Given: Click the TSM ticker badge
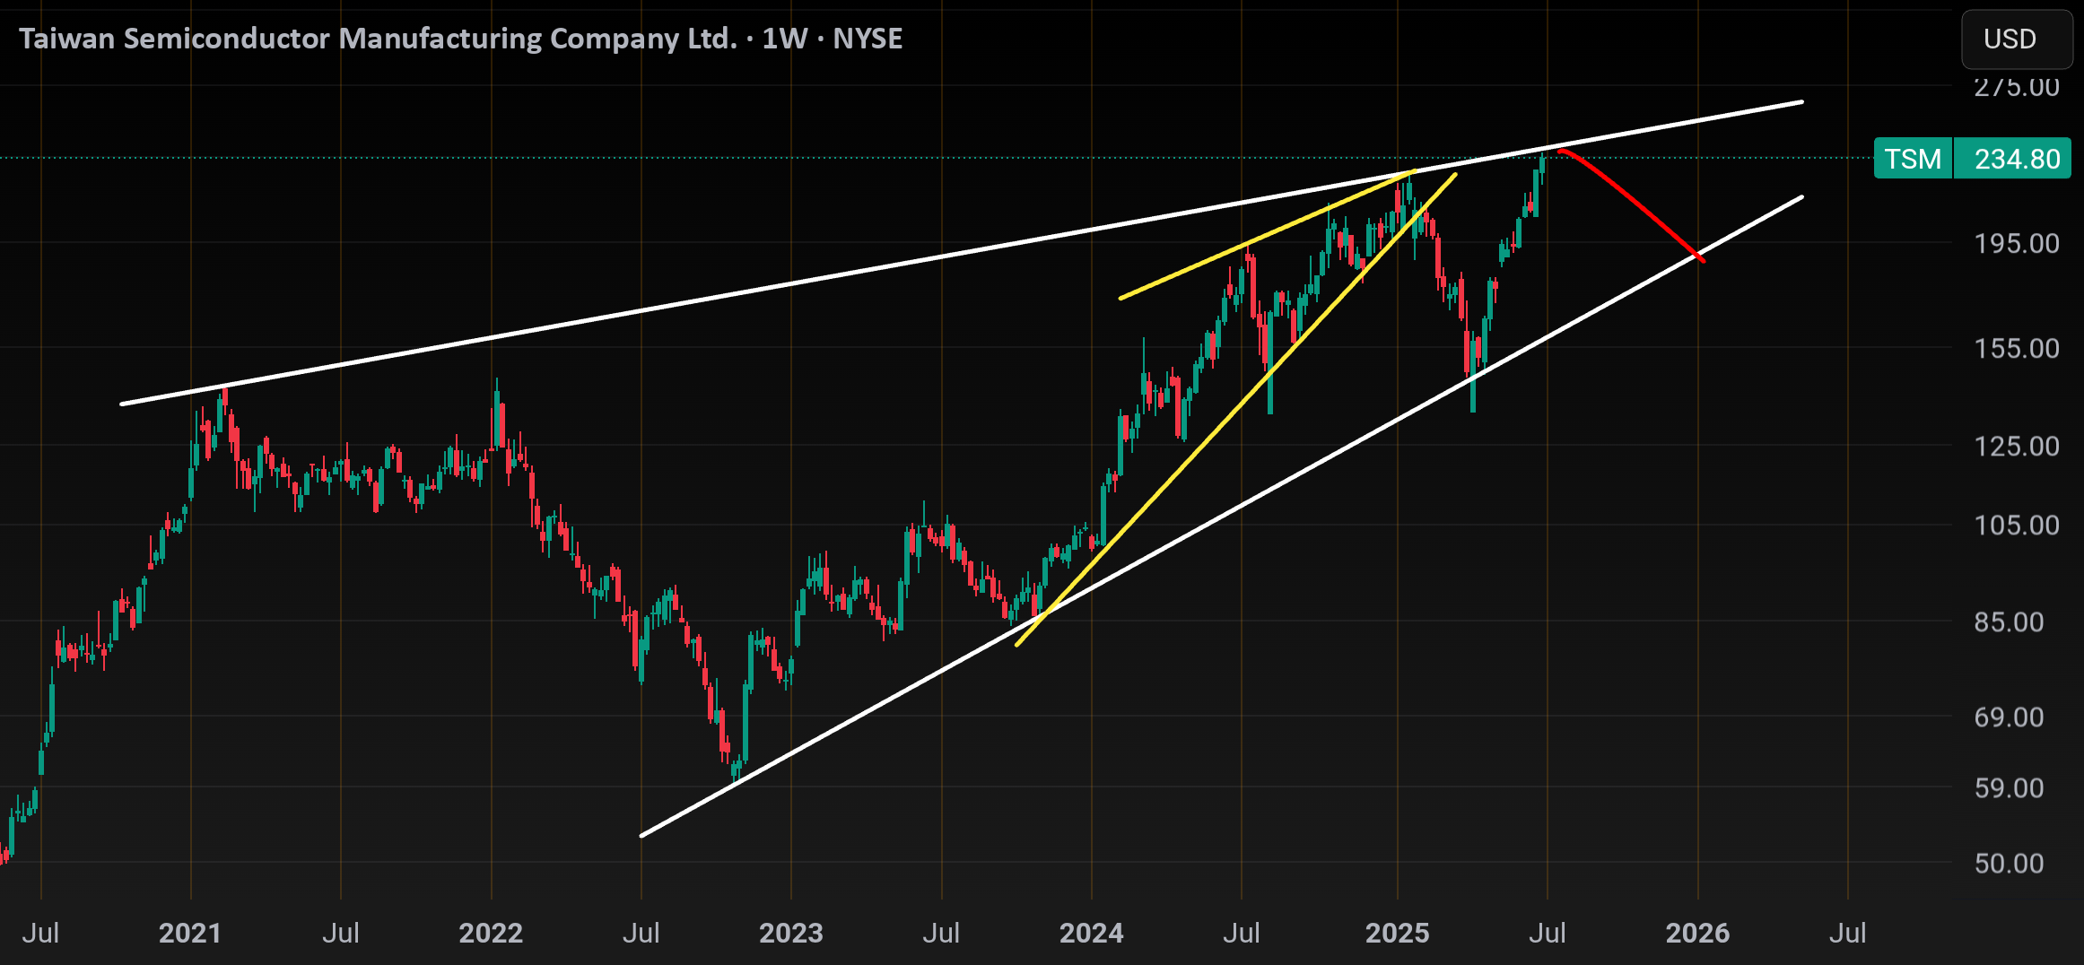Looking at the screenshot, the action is (1913, 159).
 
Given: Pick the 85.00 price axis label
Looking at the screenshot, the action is (2010, 622).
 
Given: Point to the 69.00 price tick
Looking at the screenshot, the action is (2010, 717).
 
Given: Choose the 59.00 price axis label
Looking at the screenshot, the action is (2010, 787).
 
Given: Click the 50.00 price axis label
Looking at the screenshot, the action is (2010, 863).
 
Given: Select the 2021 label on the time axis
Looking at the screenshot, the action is (190, 933).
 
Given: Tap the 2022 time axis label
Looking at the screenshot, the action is (491, 933).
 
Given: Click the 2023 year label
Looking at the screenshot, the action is (791, 933).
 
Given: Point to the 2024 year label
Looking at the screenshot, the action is (1092, 933).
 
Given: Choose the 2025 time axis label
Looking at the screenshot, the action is (1398, 933).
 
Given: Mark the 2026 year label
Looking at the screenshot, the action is (1698, 933).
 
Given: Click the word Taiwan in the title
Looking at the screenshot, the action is (67, 39).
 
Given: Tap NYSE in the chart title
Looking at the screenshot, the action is (868, 39).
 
